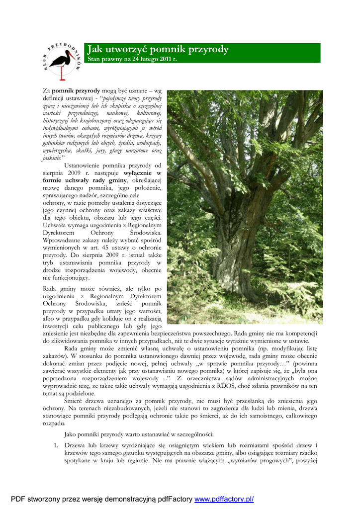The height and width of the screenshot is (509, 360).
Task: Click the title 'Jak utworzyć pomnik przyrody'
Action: (x=158, y=49)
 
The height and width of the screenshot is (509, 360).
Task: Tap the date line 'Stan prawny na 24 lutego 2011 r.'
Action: (x=132, y=59)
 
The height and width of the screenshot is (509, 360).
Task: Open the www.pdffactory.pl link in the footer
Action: (x=224, y=499)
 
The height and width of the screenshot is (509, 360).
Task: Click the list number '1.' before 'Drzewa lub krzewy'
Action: (x=57, y=445)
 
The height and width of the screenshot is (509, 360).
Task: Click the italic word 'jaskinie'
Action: (x=52, y=158)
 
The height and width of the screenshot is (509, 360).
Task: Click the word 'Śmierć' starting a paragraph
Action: (x=75, y=401)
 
